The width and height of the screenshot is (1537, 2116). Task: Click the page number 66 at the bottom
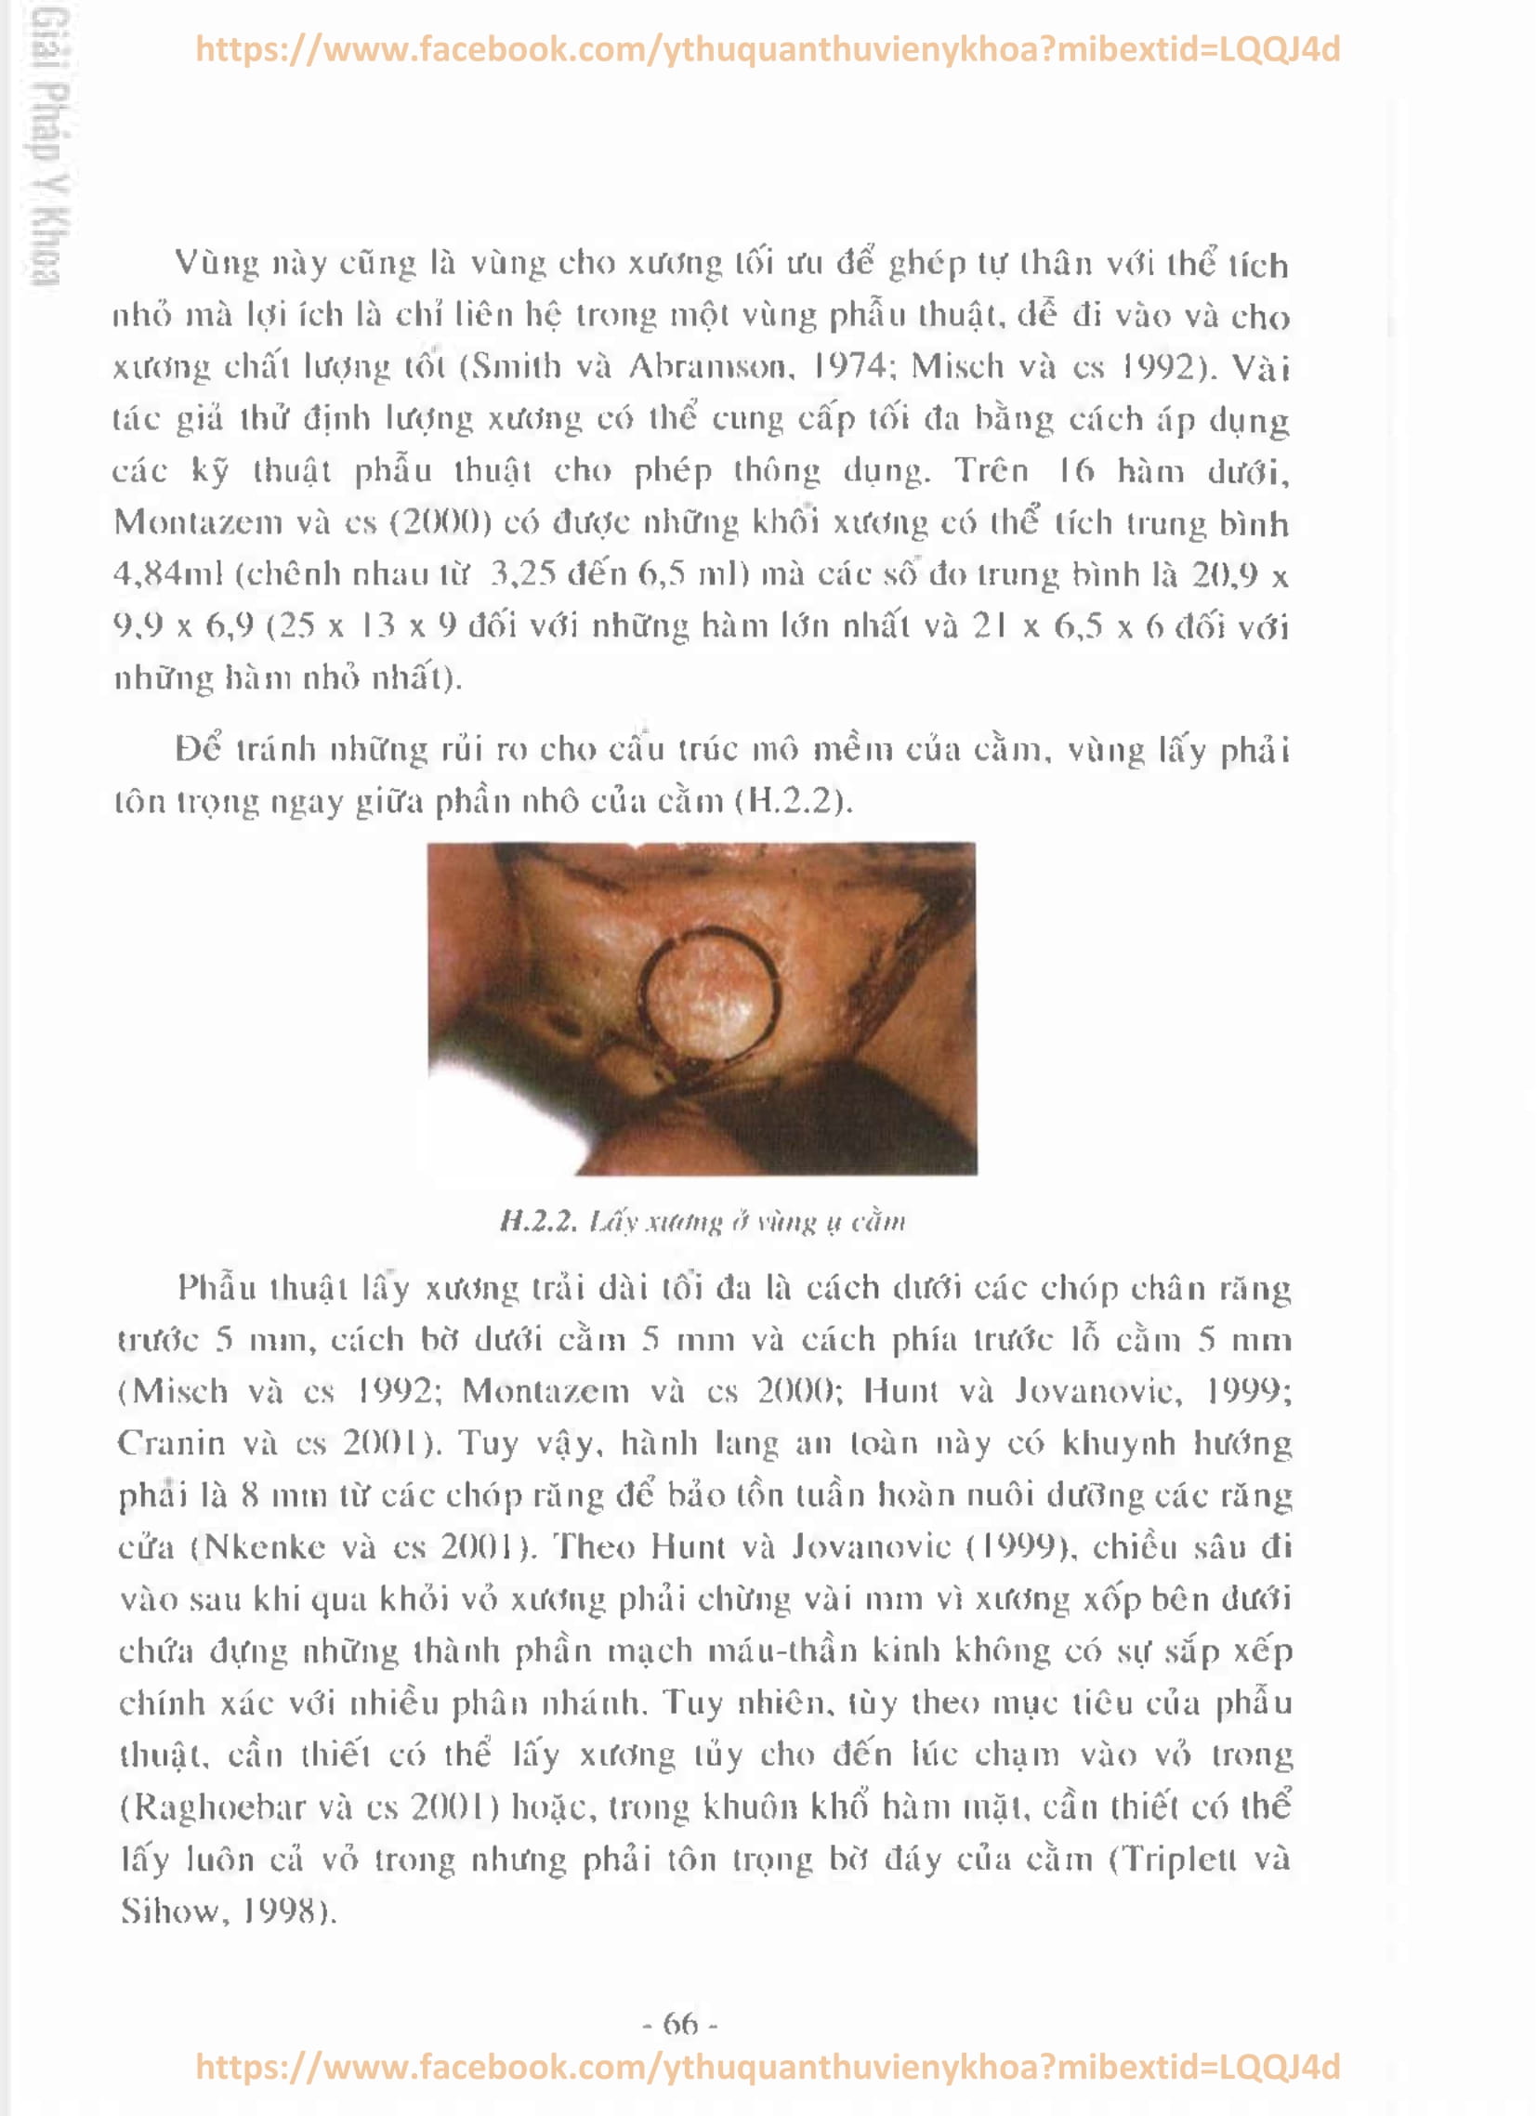[x=680, y=2024]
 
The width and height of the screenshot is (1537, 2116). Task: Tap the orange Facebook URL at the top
[x=767, y=48]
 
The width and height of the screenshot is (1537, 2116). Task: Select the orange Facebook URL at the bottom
[x=767, y=2067]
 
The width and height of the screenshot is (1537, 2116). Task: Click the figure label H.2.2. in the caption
[x=538, y=1221]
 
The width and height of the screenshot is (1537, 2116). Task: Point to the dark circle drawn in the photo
[x=710, y=996]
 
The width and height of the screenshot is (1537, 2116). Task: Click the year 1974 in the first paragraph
[x=849, y=366]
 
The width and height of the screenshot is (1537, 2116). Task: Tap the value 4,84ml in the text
[x=169, y=573]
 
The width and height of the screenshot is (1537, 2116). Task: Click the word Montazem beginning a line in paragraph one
[x=198, y=522]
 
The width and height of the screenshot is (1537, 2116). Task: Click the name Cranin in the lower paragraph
[x=171, y=1443]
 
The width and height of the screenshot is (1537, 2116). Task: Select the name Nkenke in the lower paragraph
[x=265, y=1547]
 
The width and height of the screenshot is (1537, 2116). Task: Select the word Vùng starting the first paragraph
[x=217, y=264]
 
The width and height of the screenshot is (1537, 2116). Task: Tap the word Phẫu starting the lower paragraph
[x=217, y=1287]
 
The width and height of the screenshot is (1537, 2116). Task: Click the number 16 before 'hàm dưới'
[x=1076, y=470]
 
